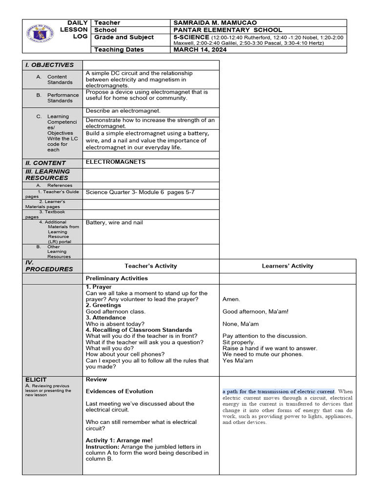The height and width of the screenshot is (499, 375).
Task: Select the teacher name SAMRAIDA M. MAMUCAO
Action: click(215, 23)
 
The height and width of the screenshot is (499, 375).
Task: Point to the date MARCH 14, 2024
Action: click(198, 50)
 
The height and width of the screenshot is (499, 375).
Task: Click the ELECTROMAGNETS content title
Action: click(115, 162)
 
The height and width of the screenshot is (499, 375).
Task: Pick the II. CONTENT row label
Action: click(45, 163)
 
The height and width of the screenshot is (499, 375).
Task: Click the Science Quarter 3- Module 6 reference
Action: click(140, 192)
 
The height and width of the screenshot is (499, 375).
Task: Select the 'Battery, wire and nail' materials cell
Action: click(114, 223)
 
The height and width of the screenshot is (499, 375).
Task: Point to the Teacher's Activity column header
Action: click(151, 266)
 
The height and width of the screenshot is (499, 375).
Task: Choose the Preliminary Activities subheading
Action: click(117, 278)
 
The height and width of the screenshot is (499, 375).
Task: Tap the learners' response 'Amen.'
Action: click(231, 300)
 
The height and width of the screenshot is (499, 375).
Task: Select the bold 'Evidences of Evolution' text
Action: click(119, 391)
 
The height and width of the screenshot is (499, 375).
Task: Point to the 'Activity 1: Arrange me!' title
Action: click(119, 441)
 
